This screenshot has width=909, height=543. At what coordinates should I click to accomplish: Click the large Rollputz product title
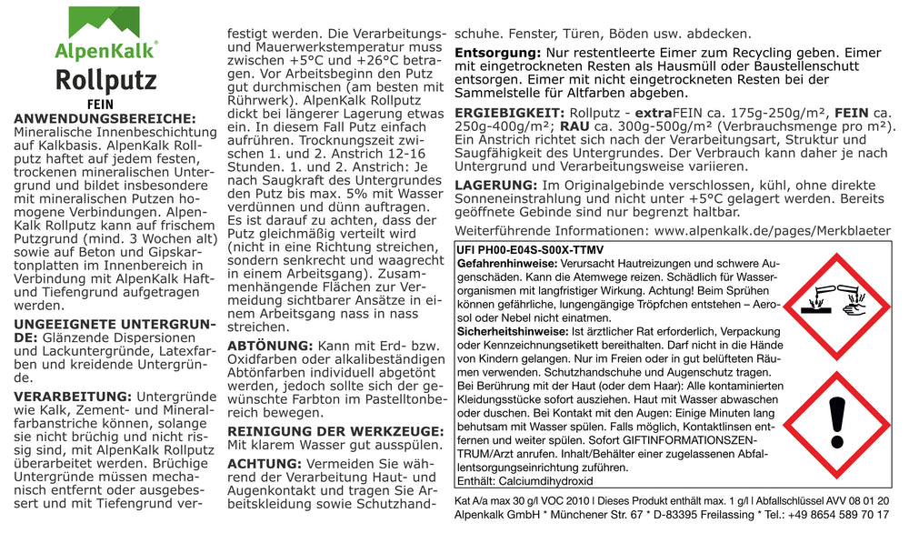pos(105,81)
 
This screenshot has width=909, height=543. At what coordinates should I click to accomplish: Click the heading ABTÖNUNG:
pos(269,347)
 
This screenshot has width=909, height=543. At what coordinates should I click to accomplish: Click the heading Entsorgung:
pos(498,54)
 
